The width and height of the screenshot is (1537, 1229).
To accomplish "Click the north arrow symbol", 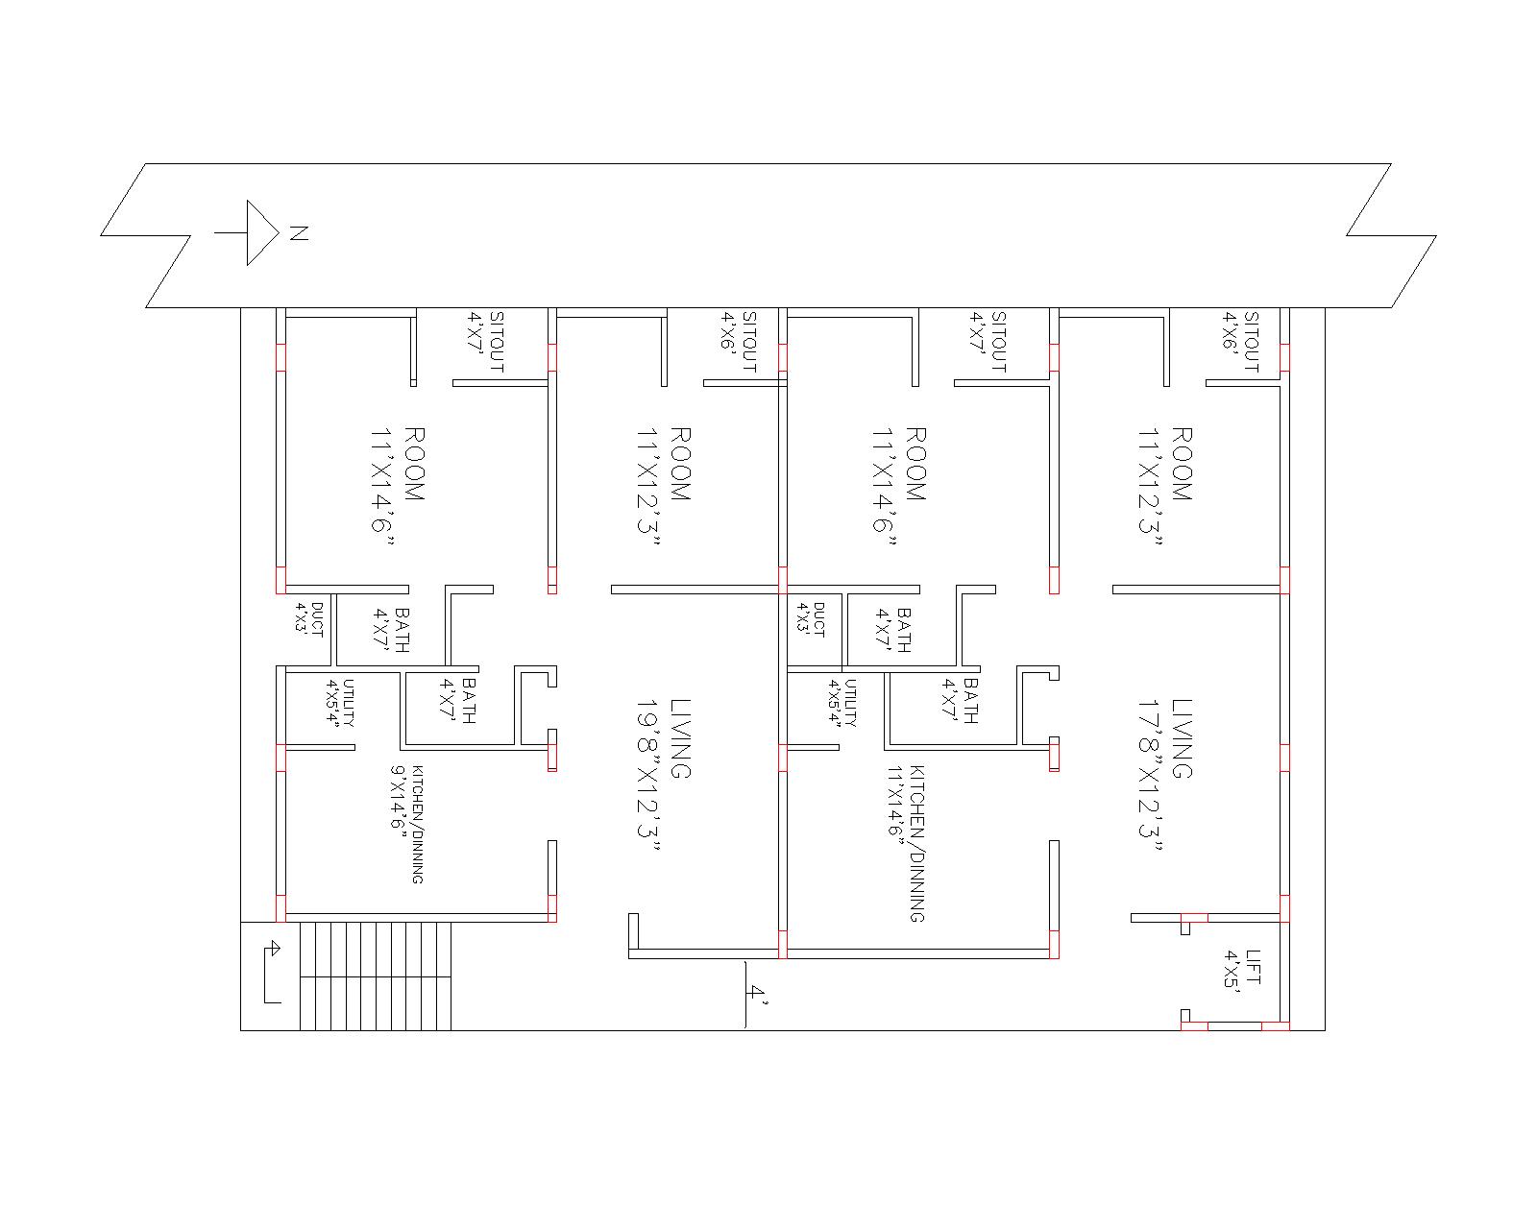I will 252,232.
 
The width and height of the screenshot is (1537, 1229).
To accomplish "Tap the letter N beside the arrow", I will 299,232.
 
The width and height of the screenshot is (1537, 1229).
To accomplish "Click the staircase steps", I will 376,976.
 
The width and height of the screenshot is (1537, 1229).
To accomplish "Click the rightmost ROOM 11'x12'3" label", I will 1166,486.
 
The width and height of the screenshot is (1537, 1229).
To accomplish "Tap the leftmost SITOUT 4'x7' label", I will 486,342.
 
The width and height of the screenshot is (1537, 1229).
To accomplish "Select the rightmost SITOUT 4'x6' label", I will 1240,342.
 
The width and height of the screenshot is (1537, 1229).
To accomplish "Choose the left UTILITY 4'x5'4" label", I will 342,703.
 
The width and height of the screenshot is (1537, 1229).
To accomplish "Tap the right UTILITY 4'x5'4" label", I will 843,703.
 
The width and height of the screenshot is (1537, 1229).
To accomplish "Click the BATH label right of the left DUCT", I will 392,630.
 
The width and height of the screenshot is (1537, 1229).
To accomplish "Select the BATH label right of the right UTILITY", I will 961,701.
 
